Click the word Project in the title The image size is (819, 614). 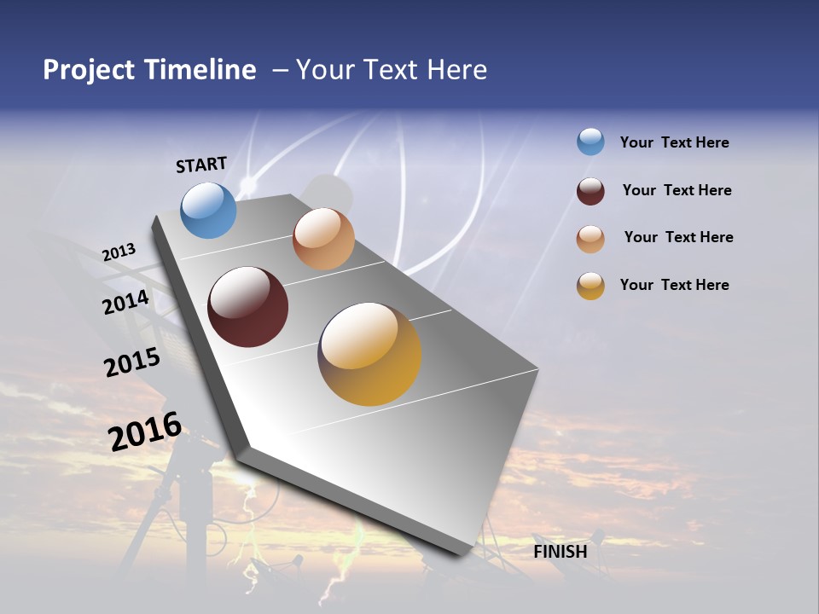(x=90, y=70)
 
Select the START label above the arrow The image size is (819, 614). (x=201, y=165)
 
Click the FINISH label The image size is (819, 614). (x=561, y=552)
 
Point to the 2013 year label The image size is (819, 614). (x=119, y=252)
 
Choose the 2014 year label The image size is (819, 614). (x=125, y=302)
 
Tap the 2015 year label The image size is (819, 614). (x=132, y=362)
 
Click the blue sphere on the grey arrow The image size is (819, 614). (x=209, y=210)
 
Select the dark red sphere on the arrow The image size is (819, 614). (x=248, y=307)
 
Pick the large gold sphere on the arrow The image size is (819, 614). (x=369, y=354)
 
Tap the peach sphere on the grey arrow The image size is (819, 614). (x=323, y=239)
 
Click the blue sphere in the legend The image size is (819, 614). (x=590, y=142)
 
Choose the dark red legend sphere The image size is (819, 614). (x=590, y=190)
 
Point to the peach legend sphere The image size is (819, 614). (x=590, y=238)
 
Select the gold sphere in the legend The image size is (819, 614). (x=590, y=286)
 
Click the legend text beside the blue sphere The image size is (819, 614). (x=675, y=142)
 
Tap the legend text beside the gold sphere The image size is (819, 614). (x=675, y=285)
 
